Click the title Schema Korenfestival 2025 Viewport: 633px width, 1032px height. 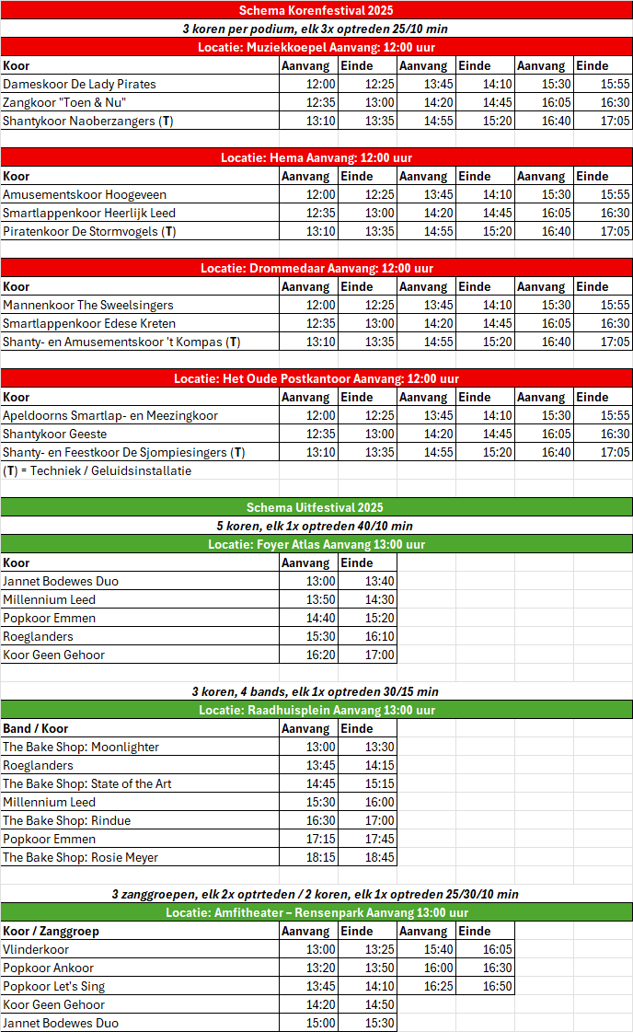click(316, 10)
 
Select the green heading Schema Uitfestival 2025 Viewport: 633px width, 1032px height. click(316, 507)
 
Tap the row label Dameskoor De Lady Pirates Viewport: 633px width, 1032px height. click(79, 84)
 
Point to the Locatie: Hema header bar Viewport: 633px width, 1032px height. click(316, 157)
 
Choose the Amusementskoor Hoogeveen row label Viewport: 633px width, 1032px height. click(71, 194)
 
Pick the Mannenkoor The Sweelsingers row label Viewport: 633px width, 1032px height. click(87, 305)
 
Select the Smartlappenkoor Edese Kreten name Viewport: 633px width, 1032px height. click(89, 323)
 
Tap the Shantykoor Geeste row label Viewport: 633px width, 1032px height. click(54, 434)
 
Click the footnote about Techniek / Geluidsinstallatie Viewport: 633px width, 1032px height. click(97, 470)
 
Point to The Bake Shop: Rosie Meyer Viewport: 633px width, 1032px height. click(80, 857)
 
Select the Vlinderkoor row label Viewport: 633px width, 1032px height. click(36, 949)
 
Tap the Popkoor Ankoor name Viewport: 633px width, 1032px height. click(48, 968)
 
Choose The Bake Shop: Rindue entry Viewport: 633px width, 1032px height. click(66, 820)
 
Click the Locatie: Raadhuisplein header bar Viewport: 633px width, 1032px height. click(316, 710)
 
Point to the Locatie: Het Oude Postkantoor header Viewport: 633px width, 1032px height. click(316, 378)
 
